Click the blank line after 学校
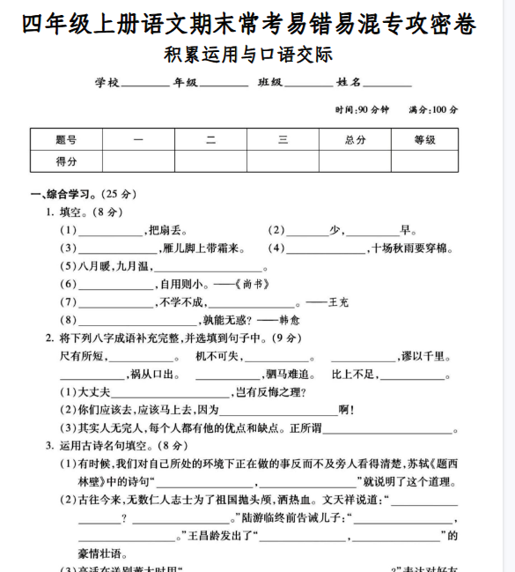click(143, 85)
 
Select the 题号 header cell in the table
click(66, 140)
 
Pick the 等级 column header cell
click(424, 140)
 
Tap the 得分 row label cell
click(66, 161)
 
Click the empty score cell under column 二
click(210, 161)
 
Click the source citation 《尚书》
click(253, 285)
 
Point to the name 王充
click(338, 302)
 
